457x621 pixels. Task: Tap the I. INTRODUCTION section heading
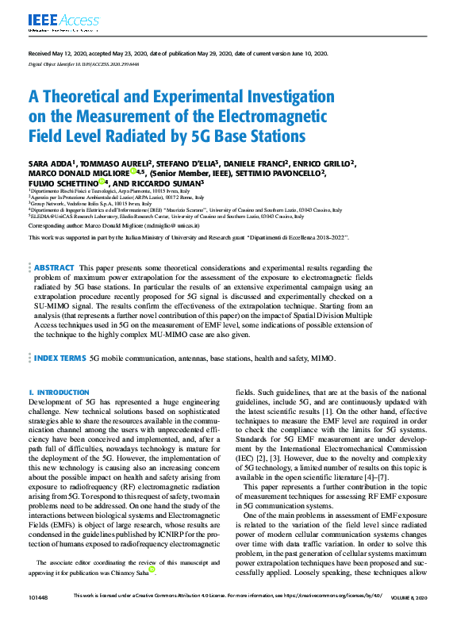coord(60,393)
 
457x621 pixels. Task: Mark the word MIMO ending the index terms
coord(323,359)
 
